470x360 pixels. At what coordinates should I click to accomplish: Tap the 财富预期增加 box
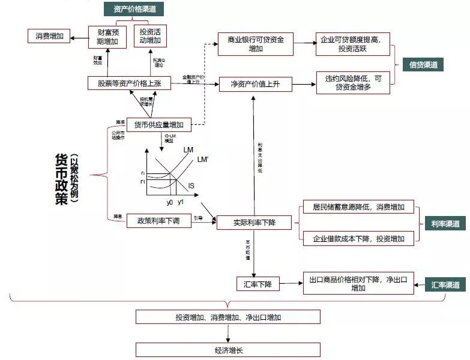[107, 37]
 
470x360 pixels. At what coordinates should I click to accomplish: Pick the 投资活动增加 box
[150, 36]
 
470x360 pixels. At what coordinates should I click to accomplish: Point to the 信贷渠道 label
[424, 65]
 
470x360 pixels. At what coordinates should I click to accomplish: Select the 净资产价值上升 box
[256, 84]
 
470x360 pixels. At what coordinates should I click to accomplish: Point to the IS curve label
[191, 186]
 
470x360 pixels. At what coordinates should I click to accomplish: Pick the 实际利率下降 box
[255, 223]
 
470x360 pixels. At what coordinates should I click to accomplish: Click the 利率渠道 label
[445, 224]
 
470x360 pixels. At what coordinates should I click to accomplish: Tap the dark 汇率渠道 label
[445, 284]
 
